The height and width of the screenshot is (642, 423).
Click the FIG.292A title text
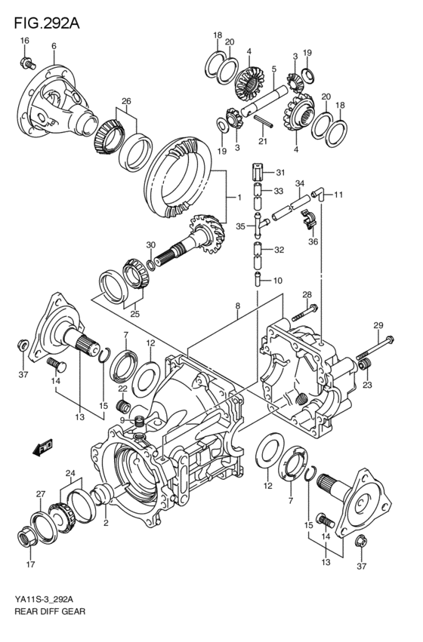(47, 23)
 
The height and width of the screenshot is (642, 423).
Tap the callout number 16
(25, 40)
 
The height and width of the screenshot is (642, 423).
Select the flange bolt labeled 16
(27, 63)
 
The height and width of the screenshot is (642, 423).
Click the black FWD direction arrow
(42, 447)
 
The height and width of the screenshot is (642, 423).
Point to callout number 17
(30, 564)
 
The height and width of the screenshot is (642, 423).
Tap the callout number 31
(280, 172)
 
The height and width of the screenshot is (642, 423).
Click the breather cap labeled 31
(258, 171)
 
